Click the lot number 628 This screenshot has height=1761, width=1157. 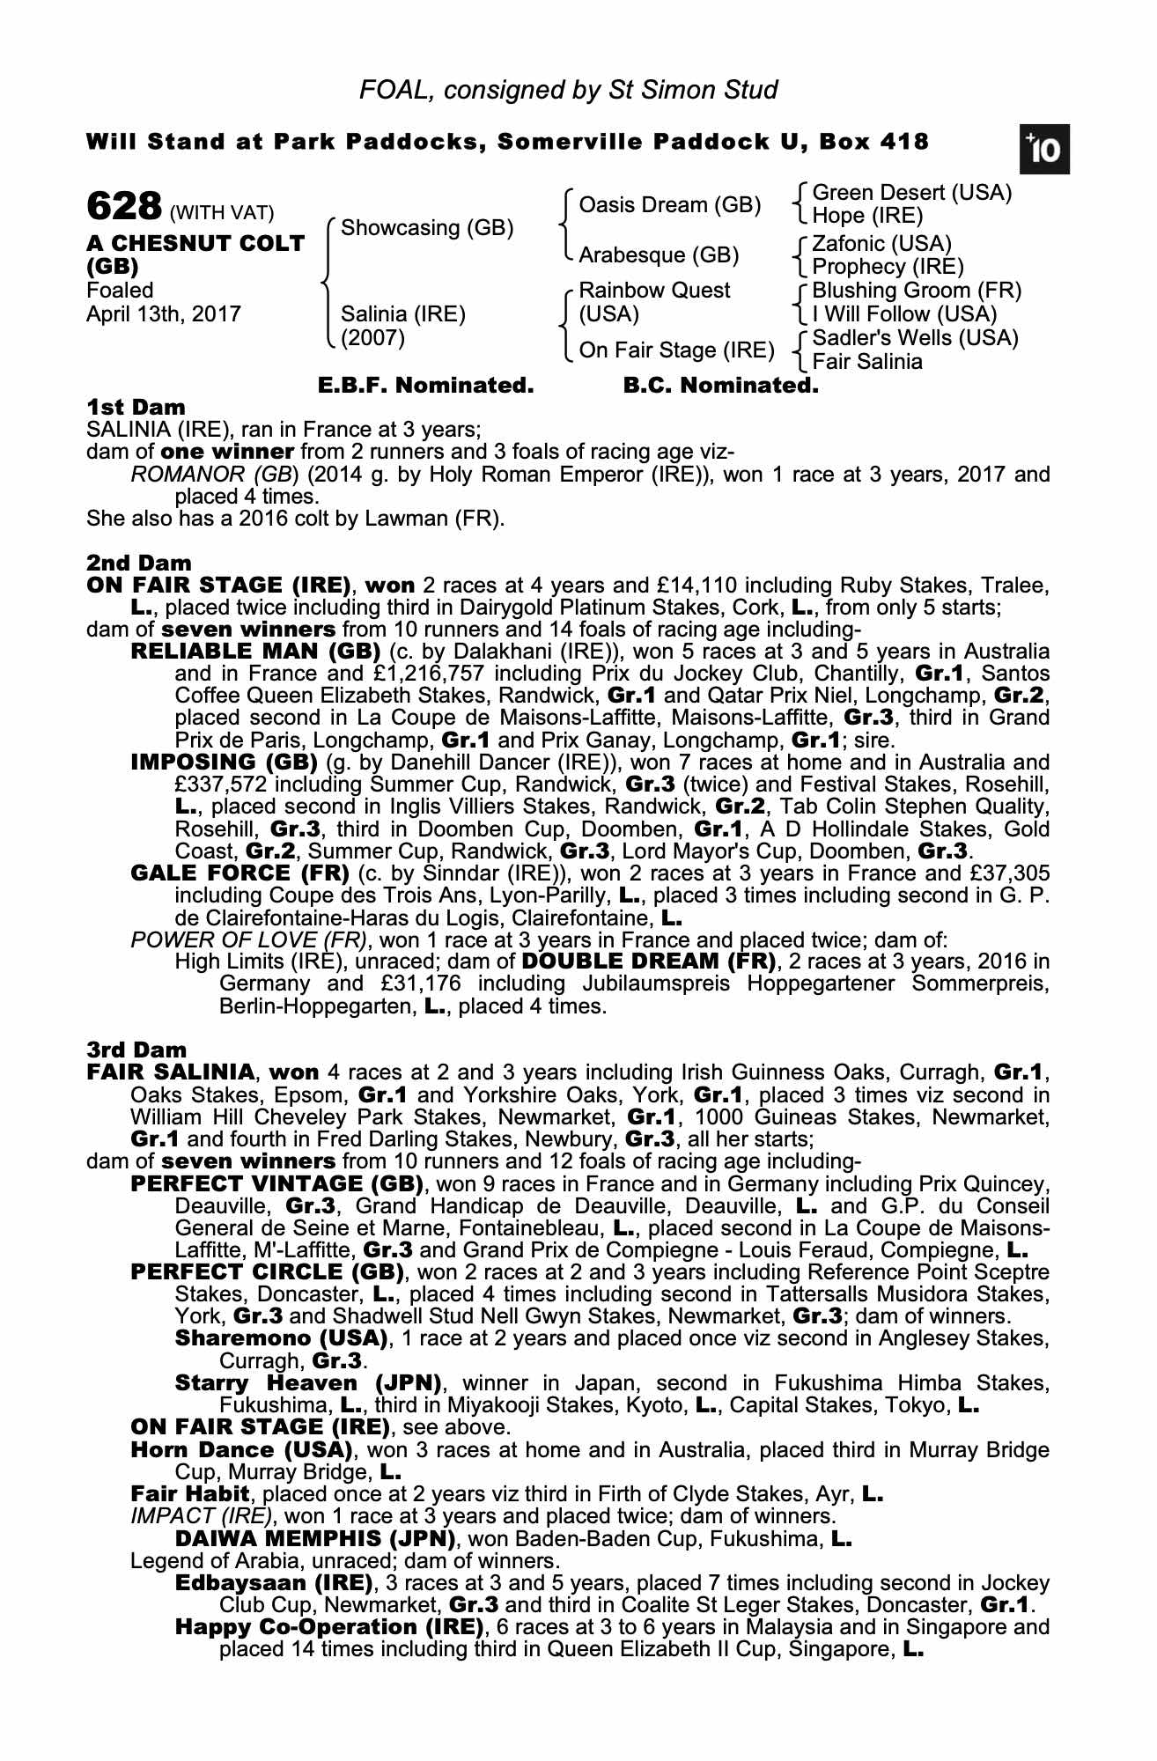click(x=124, y=208)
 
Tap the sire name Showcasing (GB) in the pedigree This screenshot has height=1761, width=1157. click(x=426, y=228)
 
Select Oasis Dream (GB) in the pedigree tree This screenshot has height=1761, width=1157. click(x=669, y=205)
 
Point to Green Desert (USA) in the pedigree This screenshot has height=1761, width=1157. click(x=911, y=193)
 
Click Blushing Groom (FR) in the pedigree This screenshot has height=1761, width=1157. click(x=916, y=291)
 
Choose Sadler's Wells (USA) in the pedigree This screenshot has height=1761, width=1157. click(x=915, y=338)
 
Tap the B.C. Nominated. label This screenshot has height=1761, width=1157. click(x=720, y=386)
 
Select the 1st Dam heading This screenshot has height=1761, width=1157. click(x=136, y=408)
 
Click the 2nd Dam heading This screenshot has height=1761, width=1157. click(x=138, y=563)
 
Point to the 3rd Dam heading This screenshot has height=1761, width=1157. click(x=136, y=1050)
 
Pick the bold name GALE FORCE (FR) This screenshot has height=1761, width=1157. click(x=240, y=873)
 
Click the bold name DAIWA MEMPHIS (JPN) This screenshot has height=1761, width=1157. click(x=315, y=1539)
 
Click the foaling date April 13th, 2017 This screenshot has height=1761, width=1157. click(x=163, y=314)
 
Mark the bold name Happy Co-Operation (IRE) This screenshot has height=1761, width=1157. click(x=330, y=1627)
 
